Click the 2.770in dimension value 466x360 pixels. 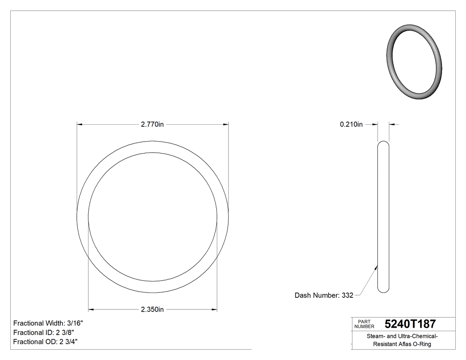click(152, 125)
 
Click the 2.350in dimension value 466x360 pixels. click(152, 309)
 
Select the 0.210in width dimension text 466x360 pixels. click(351, 125)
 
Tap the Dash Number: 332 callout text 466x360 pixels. click(324, 295)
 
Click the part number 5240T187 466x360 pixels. click(410, 324)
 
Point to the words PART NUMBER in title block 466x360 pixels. click(364, 324)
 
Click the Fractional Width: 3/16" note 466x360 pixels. click(48, 323)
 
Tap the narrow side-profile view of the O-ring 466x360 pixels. click(383, 217)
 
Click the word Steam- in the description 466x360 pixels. click(376, 336)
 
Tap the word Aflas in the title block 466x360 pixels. click(405, 344)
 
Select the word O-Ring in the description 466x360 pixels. click(422, 344)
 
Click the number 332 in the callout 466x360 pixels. click(348, 295)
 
